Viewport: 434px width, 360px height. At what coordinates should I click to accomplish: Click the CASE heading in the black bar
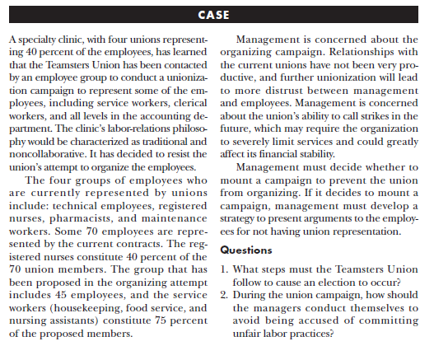point(217,15)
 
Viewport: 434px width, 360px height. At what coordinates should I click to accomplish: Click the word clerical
point(189,105)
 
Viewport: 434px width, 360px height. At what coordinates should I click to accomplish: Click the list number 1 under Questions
point(226,269)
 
